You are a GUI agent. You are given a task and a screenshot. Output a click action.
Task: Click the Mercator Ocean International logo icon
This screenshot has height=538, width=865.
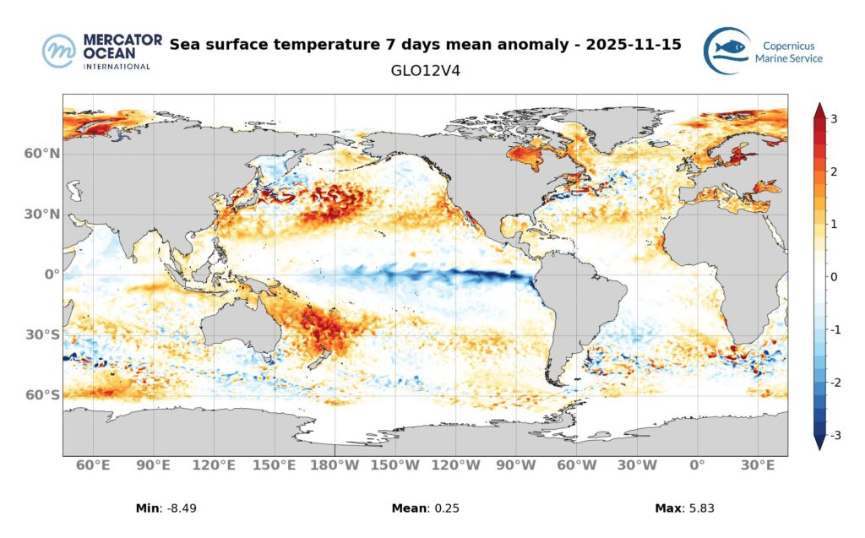59,51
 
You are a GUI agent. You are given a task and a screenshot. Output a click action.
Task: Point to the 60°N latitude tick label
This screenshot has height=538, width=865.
41,154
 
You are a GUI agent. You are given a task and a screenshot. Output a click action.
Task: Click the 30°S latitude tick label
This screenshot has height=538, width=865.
41,335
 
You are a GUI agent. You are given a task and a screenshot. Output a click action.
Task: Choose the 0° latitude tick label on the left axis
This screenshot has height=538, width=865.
50,274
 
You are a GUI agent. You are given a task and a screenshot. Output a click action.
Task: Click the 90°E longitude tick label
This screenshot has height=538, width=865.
154,465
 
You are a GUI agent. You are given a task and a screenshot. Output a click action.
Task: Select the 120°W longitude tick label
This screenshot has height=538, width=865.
456,465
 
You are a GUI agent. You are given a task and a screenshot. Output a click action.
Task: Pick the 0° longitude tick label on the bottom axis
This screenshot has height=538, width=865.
697,465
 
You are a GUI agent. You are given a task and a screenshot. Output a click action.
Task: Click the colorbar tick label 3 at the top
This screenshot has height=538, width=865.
834,119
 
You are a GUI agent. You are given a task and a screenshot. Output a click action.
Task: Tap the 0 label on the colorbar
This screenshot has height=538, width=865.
834,277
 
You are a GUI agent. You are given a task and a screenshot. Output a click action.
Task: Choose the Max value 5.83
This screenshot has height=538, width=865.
699,508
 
